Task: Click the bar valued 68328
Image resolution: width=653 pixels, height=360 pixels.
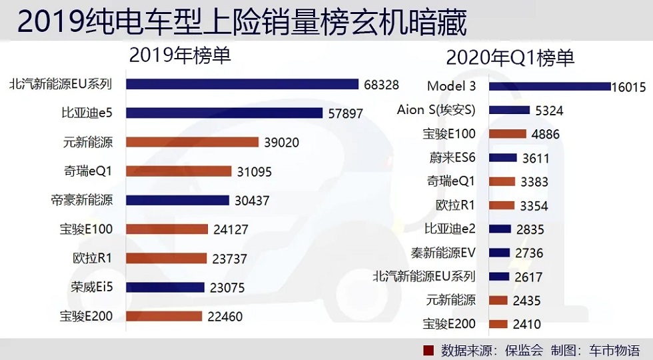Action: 242,84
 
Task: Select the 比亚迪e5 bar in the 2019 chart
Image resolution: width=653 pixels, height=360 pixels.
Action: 224,113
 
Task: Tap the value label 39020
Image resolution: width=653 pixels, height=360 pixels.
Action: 281,142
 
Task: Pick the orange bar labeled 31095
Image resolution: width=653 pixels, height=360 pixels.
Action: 178,171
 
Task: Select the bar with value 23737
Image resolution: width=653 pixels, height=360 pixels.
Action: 166,258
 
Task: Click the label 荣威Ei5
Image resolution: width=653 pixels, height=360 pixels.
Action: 92,287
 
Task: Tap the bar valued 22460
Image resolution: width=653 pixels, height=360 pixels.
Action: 164,316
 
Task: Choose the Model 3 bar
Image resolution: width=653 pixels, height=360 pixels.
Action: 550,87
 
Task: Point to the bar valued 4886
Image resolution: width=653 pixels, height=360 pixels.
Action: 507,134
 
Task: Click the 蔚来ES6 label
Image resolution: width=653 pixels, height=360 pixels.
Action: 452,158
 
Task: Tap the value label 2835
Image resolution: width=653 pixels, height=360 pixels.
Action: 530,229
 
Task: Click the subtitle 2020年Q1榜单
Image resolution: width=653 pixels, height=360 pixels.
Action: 510,58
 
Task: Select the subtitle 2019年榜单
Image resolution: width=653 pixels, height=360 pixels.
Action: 180,55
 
